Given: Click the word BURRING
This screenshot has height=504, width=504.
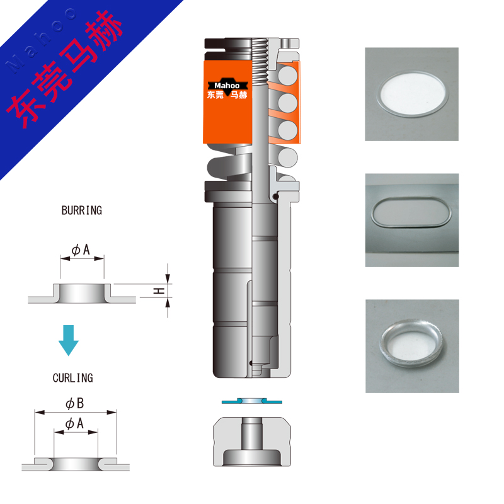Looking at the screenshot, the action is (82, 210).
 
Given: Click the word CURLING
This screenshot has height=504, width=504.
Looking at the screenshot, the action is (73, 377).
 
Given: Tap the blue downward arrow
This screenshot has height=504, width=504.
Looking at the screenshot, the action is (69, 340).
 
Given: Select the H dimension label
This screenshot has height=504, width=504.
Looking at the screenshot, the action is (159, 291).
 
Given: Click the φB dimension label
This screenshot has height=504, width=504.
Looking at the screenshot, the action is (74, 403).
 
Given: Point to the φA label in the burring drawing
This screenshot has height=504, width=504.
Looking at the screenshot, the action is (81, 249).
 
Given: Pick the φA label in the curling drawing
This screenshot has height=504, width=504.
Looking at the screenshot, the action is (74, 423).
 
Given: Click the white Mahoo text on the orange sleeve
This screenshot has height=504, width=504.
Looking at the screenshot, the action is (227, 86).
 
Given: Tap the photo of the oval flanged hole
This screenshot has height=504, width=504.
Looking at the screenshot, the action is (412, 94).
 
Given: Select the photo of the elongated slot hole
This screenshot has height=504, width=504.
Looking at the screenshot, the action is (412, 220).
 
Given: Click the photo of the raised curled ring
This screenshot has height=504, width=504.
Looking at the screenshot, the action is (413, 346).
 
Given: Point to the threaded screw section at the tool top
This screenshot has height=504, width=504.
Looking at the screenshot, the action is (260, 61).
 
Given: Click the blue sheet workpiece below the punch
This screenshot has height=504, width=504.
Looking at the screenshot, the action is (251, 401).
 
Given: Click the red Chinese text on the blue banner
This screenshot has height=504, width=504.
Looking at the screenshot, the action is (64, 69).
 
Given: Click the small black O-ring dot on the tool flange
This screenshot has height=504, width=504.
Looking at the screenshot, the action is (275, 196).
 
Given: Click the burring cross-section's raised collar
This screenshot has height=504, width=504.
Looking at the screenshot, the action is (82, 293).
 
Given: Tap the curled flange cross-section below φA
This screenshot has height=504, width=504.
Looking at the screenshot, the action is (76, 464).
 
